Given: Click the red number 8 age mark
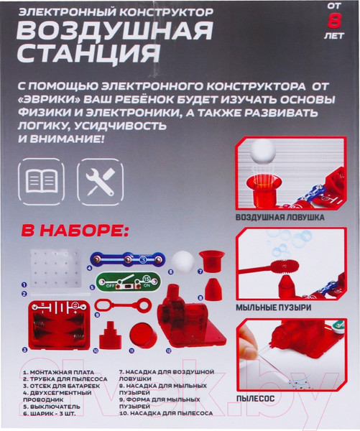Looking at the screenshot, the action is tap(334, 21).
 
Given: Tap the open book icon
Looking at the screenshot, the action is tap(42, 182).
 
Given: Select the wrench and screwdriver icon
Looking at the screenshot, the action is tap(100, 182).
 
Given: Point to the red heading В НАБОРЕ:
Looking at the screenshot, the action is tap(75, 231).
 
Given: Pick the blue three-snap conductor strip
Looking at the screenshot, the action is tap(128, 259).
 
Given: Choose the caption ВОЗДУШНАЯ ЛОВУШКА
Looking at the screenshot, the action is tap(280, 218).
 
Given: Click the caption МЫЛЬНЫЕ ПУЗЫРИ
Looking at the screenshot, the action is tap(274, 307).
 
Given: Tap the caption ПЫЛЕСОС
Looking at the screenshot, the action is tap(256, 398).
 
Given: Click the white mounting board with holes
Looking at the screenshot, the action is tap(56, 269).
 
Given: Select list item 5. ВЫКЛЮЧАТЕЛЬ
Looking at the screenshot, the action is tap(52, 407).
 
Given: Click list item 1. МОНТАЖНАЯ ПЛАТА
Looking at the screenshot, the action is tap(59, 372).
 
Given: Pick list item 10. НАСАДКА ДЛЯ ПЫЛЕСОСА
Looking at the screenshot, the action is tap(166, 413).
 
